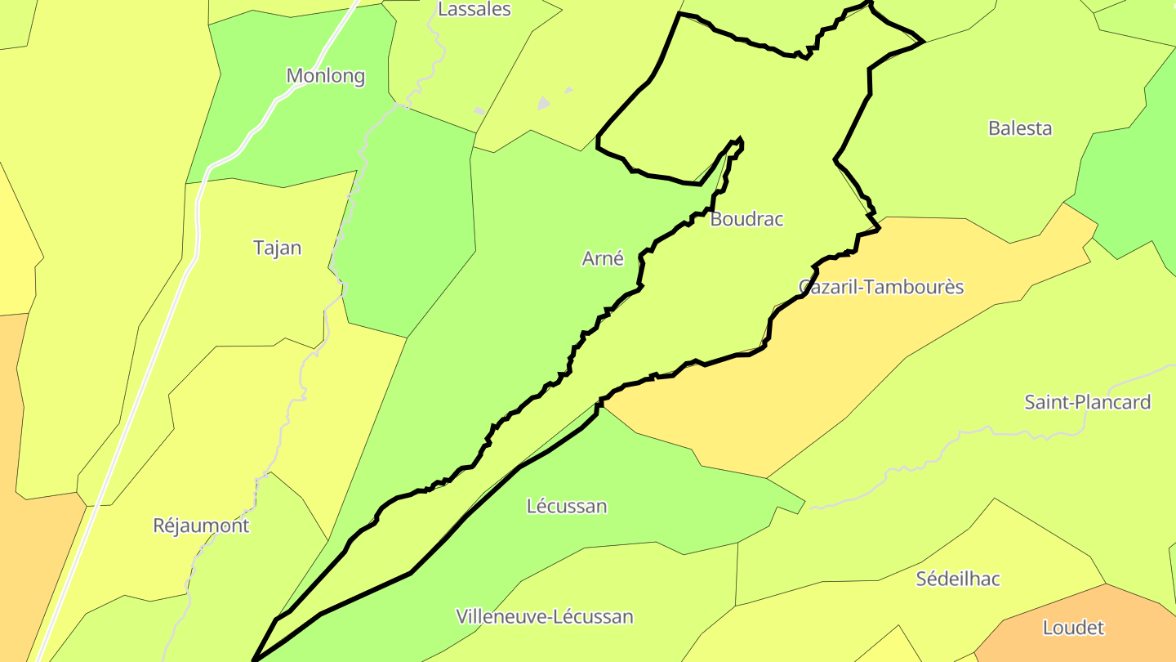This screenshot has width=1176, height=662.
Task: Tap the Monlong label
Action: (x=325, y=77)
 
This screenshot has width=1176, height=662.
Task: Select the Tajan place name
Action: (x=277, y=248)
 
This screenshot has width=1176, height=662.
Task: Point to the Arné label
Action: (x=603, y=259)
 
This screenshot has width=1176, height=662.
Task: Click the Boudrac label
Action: (x=746, y=219)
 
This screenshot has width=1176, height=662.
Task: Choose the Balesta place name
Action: (x=1020, y=128)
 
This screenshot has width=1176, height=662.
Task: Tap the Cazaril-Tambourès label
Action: (x=881, y=288)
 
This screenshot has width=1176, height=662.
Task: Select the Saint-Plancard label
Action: (x=1088, y=402)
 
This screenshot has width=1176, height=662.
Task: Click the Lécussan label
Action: (x=567, y=506)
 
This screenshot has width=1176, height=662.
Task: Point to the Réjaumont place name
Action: (x=201, y=526)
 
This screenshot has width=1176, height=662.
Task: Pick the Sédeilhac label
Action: (x=958, y=579)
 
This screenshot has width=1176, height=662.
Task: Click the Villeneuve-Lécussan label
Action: (x=545, y=616)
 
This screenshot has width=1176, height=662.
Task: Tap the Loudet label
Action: (x=1073, y=628)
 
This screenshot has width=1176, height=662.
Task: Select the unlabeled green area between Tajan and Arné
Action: (x=408, y=237)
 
